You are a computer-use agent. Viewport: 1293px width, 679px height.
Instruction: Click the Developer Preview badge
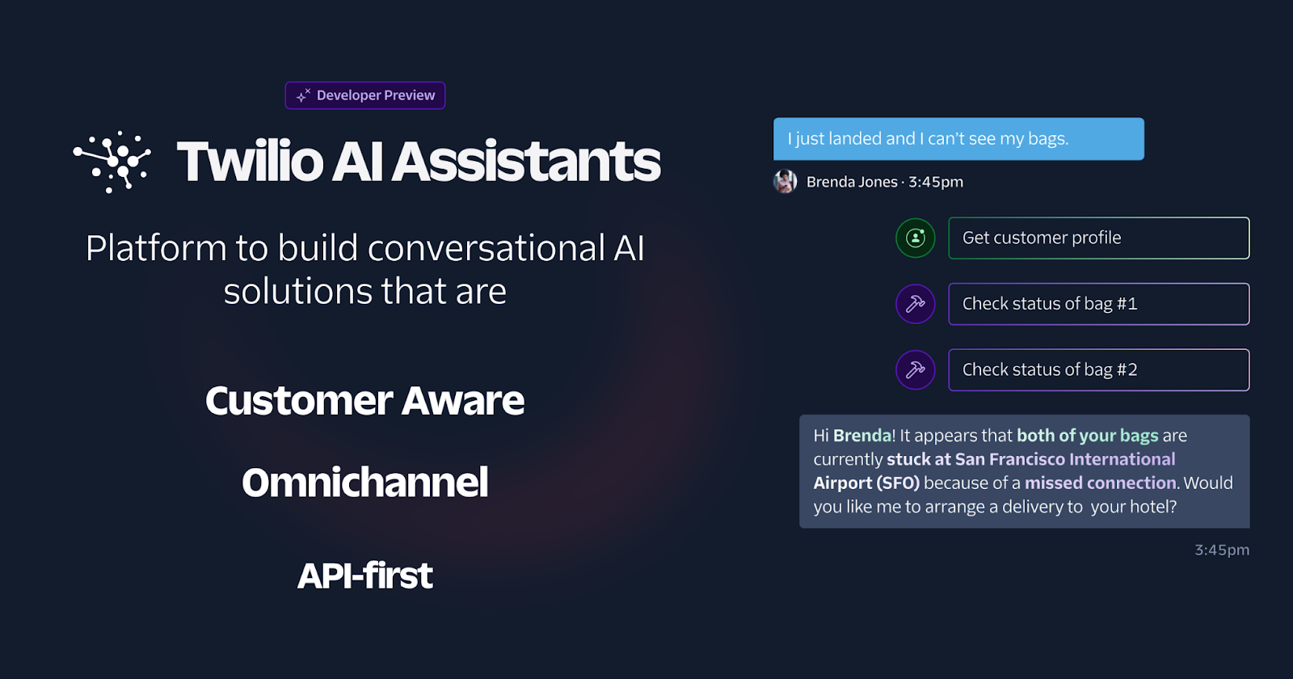tap(364, 95)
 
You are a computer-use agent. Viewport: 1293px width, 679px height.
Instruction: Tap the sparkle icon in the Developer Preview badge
tap(303, 95)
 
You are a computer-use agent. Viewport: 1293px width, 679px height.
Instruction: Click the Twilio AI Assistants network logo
tap(112, 162)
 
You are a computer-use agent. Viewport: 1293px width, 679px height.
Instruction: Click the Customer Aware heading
tap(364, 400)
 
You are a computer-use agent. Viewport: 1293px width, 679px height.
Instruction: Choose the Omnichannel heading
tap(364, 482)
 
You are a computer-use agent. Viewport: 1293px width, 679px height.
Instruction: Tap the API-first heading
tap(364, 576)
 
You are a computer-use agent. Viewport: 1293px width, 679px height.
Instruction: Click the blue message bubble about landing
tap(958, 138)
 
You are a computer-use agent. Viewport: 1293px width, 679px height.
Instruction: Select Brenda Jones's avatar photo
tap(785, 181)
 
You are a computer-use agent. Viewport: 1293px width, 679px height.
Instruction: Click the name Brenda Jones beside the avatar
tap(852, 182)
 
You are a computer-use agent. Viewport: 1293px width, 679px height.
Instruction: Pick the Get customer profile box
tap(1099, 238)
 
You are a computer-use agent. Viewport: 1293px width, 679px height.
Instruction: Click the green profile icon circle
tap(916, 238)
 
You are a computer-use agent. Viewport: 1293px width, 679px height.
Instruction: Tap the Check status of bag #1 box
tap(1099, 304)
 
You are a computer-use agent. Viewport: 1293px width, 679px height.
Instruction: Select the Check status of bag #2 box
tap(1099, 369)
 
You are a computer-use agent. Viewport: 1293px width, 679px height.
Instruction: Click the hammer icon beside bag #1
tap(916, 304)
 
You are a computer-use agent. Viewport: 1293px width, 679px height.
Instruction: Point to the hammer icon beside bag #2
tap(916, 369)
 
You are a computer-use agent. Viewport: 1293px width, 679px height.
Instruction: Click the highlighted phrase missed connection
tap(1100, 483)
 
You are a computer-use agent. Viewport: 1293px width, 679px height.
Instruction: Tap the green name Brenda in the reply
tap(862, 436)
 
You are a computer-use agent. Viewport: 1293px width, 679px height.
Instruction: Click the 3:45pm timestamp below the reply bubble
tap(1222, 550)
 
